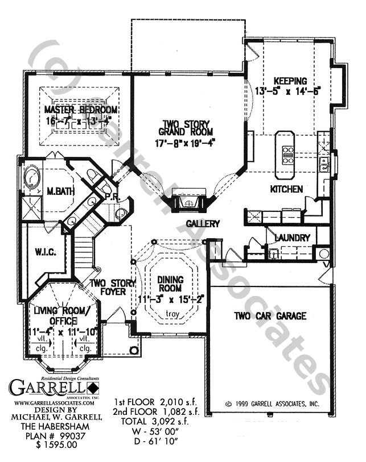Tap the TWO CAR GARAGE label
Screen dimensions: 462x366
point(269,316)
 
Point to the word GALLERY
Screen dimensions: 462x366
point(202,224)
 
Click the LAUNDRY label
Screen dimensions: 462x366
point(292,238)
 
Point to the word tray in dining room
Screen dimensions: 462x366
point(170,314)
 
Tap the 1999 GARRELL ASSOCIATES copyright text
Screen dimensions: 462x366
point(272,404)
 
